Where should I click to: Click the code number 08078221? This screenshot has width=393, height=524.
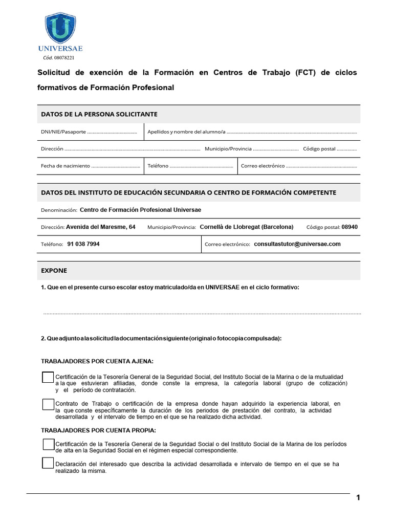click(64, 58)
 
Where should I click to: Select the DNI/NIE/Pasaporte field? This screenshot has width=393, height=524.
click(112, 133)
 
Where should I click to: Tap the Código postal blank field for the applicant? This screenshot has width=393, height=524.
click(347, 149)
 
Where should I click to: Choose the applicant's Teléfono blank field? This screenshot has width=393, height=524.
click(201, 166)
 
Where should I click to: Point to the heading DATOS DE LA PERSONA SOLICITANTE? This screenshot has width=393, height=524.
click(99, 114)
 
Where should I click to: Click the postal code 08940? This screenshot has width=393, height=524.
click(350, 227)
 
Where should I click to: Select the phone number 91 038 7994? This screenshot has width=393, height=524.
click(83, 244)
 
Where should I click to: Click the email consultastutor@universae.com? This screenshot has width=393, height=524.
click(297, 244)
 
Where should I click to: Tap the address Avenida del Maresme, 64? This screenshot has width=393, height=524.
click(101, 227)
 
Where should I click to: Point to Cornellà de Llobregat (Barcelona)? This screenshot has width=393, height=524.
click(246, 227)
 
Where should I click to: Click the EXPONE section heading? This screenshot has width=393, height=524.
click(54, 270)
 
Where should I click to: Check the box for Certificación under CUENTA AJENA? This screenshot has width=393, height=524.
click(48, 377)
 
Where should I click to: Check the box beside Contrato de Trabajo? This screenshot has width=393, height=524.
click(48, 404)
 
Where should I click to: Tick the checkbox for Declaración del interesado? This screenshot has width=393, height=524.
click(48, 464)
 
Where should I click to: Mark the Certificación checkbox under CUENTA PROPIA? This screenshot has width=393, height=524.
click(48, 444)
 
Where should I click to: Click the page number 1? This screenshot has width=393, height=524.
click(358, 498)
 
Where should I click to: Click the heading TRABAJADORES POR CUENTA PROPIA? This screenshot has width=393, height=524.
click(98, 430)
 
